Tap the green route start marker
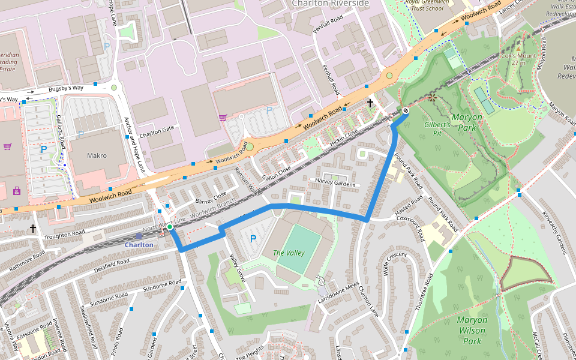click(170, 227)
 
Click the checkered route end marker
click(406, 110)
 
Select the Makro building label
click(97, 155)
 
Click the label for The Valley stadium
click(289, 253)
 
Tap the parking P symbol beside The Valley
click(253, 239)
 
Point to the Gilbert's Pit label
click(437, 128)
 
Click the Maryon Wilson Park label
click(472, 331)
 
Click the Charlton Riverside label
click(330, 3)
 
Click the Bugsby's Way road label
click(66, 88)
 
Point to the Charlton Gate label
click(156, 128)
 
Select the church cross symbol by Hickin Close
click(370, 103)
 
